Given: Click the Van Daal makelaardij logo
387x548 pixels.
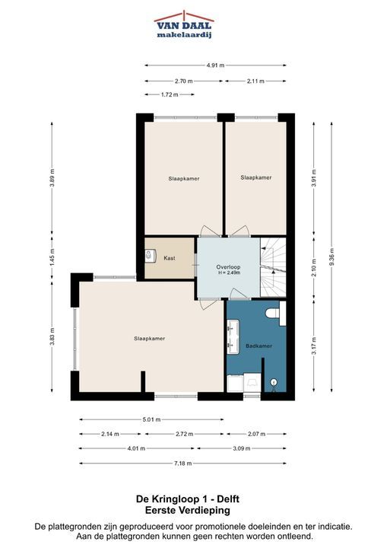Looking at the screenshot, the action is [184, 24].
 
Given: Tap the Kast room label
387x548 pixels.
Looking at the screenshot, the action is [170, 258].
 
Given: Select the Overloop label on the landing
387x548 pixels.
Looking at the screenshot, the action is [228, 267].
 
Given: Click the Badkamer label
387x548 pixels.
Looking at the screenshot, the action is [259, 346].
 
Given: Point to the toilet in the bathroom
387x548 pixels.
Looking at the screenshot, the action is [275, 313].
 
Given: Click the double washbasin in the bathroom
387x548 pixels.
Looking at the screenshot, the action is [233, 337].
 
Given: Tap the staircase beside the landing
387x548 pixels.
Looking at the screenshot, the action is [273, 267].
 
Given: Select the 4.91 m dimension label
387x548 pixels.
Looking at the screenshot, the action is [215, 65].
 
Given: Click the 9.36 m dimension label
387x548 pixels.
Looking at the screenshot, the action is [331, 257].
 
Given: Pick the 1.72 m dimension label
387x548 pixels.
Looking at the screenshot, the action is [170, 94].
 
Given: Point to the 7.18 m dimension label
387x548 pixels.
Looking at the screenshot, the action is [182, 464].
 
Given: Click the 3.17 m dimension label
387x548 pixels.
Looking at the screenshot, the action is [314, 346].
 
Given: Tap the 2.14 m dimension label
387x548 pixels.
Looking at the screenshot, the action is [110, 434].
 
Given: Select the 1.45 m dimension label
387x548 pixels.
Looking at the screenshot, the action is [52, 257].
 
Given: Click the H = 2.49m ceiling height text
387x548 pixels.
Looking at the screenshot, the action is [228, 273].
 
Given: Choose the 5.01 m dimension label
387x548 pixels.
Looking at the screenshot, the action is [151, 419].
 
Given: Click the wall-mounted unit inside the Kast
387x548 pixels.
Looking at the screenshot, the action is [151, 256].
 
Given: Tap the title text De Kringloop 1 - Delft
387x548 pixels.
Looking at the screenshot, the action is [188, 499].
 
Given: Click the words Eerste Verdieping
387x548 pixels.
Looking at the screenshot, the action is [188, 510].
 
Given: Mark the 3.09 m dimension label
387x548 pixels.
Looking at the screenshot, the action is [241, 448].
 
